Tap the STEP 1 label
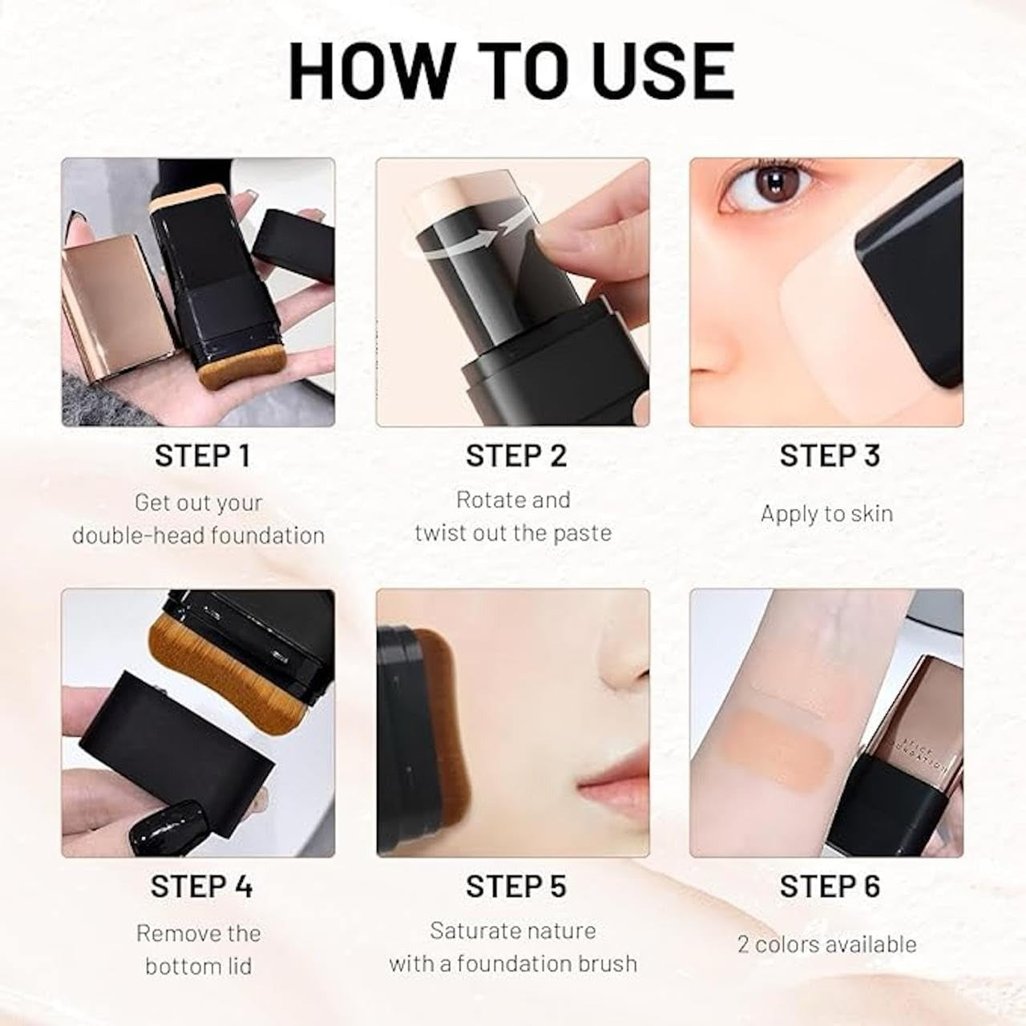[202, 455]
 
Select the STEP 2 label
[515, 455]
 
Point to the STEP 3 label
[830, 455]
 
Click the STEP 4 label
[201, 886]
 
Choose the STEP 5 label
[515, 886]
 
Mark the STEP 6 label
[830, 886]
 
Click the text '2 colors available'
[826, 944]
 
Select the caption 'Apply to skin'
[826, 514]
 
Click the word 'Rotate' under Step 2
[483, 500]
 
